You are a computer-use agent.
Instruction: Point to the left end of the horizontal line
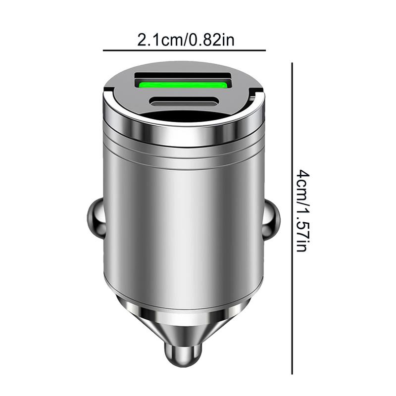click(x=103, y=50)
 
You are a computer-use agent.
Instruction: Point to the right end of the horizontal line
click(x=265, y=50)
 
